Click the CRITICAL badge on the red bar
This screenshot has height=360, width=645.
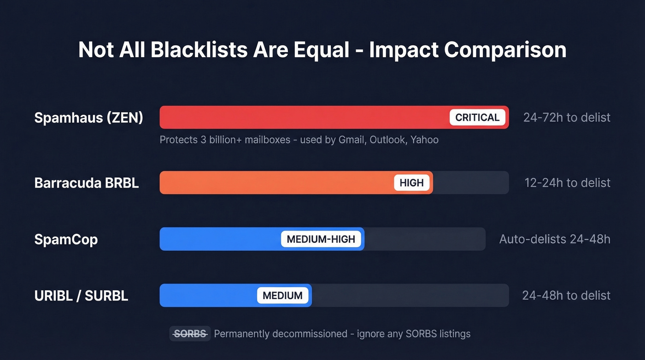click(477, 117)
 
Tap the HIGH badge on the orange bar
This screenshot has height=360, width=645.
click(411, 183)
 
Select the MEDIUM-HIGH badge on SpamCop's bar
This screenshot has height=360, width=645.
click(321, 239)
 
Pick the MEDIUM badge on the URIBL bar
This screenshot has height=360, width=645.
click(282, 295)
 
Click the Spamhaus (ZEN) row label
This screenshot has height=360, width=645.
click(88, 118)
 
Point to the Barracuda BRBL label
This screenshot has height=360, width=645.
click(87, 183)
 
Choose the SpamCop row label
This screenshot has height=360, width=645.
click(66, 240)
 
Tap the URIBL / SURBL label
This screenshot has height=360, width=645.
click(81, 295)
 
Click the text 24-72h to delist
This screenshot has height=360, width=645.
click(567, 117)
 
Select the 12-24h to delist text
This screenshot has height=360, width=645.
click(567, 183)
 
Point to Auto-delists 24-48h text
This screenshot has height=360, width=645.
click(555, 239)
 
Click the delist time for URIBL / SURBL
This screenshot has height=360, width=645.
click(566, 295)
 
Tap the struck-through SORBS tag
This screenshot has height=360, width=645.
click(190, 333)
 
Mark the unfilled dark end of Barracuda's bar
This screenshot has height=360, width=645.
click(470, 183)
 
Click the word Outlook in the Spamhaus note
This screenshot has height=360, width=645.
click(387, 139)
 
